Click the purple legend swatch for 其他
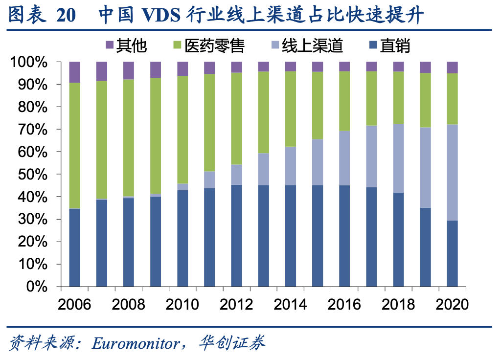(109, 45)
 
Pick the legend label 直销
(395, 46)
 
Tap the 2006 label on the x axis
(74, 304)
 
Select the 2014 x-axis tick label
(290, 304)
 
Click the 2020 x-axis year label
(452, 304)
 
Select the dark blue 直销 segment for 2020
(452, 253)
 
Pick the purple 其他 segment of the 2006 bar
(74, 72)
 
